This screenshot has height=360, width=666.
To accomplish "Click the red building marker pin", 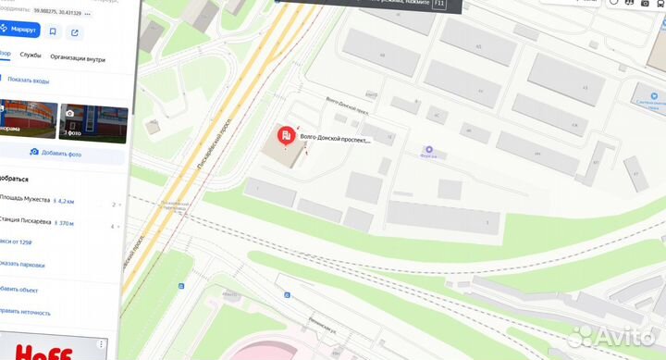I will point(288,137).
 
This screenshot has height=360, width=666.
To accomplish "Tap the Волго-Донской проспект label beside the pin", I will point(335,141).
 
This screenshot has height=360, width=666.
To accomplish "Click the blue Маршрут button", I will point(18,31).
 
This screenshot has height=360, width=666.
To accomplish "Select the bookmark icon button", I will point(52,31).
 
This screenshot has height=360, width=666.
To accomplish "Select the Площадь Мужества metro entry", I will point(31,200).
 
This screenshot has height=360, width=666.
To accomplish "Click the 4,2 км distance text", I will point(64,200).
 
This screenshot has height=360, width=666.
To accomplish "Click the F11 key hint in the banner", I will point(439,5).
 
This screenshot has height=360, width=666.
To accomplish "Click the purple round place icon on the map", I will point(428,151).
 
